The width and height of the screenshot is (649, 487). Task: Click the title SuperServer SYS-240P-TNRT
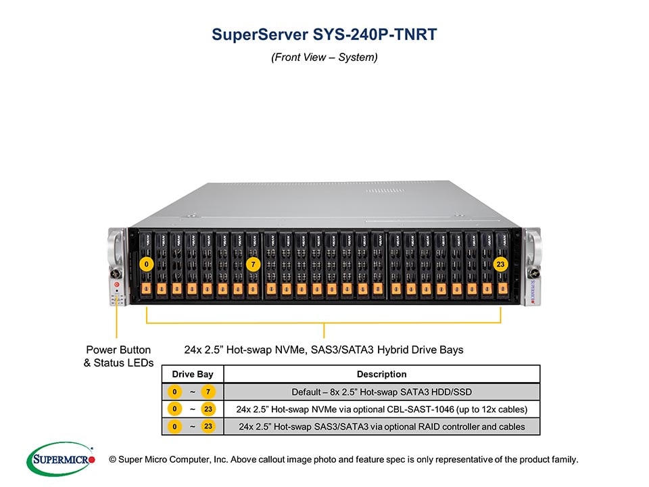[x=324, y=34]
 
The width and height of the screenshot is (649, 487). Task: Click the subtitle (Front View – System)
[x=324, y=57]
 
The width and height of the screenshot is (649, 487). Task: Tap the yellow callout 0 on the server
[x=147, y=264]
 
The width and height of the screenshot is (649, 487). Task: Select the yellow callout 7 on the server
[x=253, y=264]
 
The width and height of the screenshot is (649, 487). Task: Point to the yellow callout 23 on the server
[x=501, y=264]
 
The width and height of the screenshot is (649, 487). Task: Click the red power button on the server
[x=117, y=286]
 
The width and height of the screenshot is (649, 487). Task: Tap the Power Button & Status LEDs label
[x=118, y=356]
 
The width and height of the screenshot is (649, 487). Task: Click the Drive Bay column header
[x=192, y=374]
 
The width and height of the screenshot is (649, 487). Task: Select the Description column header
[x=381, y=374]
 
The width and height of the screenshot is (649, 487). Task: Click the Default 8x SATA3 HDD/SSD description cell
[x=381, y=392]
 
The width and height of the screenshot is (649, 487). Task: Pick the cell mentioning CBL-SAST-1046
[x=381, y=409]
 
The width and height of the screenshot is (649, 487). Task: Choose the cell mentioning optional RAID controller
[x=381, y=426]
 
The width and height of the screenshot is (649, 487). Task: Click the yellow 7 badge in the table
[x=208, y=392]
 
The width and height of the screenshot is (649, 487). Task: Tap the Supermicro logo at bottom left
[x=60, y=459]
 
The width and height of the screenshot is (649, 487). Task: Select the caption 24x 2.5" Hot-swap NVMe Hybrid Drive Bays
[x=324, y=350]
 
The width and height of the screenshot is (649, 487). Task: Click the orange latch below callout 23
[x=501, y=289]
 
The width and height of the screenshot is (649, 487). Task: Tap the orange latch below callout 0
[x=147, y=289]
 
